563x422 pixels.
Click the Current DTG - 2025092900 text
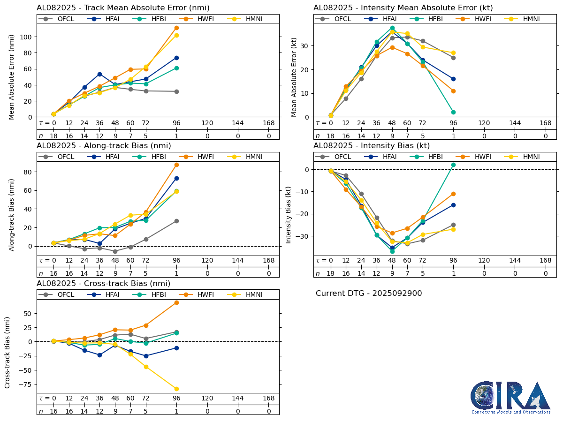click(369, 294)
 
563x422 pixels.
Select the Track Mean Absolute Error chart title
click(123, 8)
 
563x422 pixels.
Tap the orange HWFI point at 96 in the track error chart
click(176, 28)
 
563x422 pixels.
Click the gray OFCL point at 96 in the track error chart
click(176, 91)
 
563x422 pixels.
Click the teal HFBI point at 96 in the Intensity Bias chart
click(453, 165)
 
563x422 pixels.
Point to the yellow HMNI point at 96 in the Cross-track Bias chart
click(176, 389)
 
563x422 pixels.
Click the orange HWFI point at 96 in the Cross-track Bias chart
click(176, 302)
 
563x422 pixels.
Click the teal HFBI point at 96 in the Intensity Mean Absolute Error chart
click(453, 112)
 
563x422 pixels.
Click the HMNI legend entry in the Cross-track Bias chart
click(245, 294)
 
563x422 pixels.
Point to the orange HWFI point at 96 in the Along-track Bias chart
click(176, 165)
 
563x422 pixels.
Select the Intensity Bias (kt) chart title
click(372, 146)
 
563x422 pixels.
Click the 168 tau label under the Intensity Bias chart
click(545, 260)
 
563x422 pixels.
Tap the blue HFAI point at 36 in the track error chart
click(99, 74)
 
